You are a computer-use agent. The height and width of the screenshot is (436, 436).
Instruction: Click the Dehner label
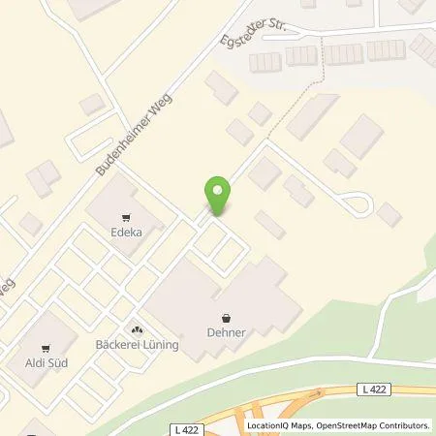226,332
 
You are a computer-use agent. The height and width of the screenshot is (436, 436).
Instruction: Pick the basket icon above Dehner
226,318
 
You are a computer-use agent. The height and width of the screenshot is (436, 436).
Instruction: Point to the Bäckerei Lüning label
136,344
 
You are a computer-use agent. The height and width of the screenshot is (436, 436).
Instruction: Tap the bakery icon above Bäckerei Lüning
136,329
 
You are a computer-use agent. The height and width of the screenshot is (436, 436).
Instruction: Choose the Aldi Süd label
45,363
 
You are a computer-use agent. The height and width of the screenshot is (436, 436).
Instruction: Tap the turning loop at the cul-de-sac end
360,203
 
